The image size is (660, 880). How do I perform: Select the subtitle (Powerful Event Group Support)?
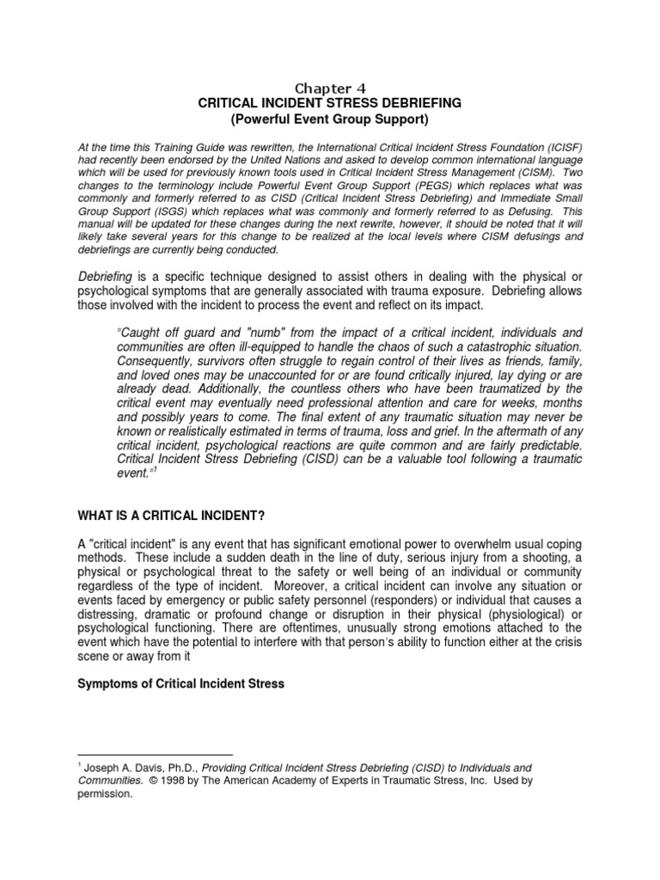[x=330, y=118]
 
